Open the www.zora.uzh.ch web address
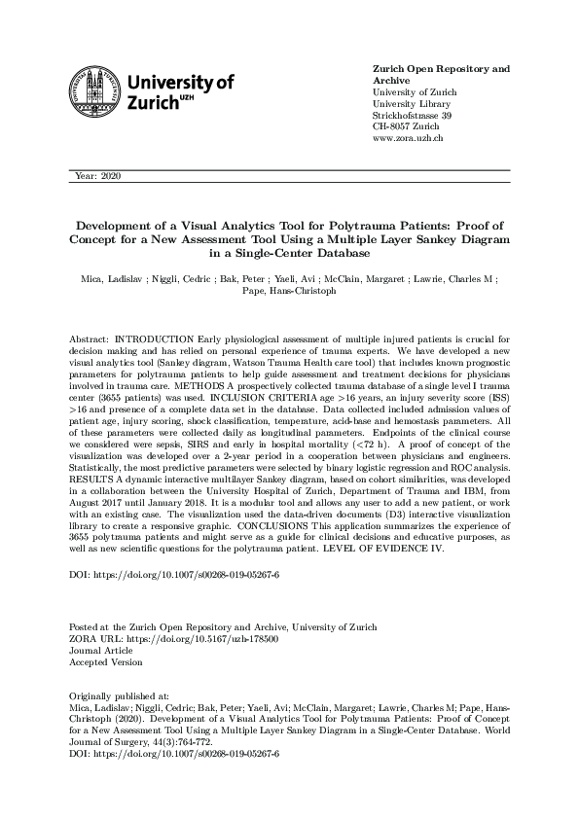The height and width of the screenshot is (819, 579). [x=409, y=139]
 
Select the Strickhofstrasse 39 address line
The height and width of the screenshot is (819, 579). [x=413, y=116]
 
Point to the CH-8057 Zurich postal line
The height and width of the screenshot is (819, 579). [x=407, y=127]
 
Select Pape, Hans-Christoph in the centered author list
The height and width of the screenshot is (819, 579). [x=289, y=291]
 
